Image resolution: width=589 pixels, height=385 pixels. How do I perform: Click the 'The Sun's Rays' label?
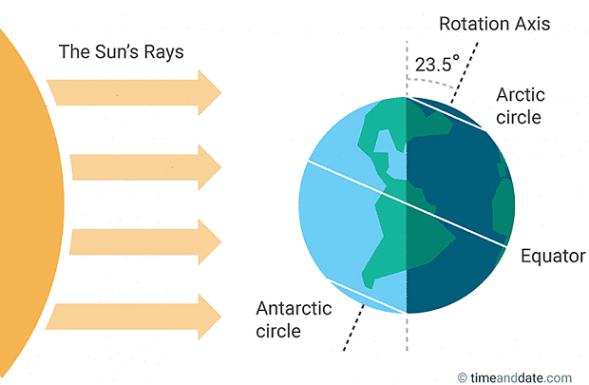click(121, 52)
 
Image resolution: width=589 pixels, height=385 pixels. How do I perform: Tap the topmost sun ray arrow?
click(134, 92)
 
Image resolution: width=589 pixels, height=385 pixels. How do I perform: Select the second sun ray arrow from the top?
click(145, 167)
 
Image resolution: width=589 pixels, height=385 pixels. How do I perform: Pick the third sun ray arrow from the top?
click(145, 241)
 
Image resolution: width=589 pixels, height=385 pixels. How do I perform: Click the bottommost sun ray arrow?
click(133, 317)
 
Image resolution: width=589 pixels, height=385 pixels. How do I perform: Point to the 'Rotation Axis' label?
click(495, 24)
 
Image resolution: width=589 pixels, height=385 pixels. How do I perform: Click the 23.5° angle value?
click(437, 64)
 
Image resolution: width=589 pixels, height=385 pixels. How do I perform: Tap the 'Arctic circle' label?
click(521, 106)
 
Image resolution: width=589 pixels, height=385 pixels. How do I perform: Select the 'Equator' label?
click(553, 257)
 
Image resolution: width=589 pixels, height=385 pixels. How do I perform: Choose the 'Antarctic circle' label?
click(294, 319)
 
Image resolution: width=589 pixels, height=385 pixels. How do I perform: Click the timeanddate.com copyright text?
click(515, 377)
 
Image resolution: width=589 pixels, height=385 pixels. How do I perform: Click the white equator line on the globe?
click(408, 204)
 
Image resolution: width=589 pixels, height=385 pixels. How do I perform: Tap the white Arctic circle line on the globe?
click(447, 114)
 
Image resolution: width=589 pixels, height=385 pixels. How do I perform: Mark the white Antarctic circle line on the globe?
click(367, 297)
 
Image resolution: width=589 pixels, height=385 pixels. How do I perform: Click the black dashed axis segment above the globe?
click(465, 73)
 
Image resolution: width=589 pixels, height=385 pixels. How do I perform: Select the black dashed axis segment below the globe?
click(353, 328)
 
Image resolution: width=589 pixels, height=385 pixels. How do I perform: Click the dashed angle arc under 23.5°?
click(431, 82)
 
